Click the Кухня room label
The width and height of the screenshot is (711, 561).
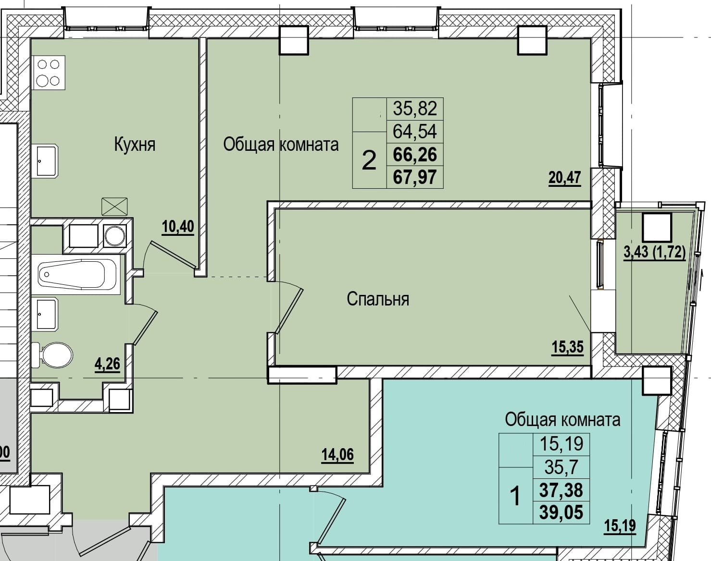click(135, 145)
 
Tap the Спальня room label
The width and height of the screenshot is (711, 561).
click(378, 299)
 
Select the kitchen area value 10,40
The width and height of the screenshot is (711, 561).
click(178, 227)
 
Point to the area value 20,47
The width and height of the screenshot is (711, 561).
click(565, 178)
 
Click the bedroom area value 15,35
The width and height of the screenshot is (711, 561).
click(568, 347)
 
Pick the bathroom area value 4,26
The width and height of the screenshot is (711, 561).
click(107, 364)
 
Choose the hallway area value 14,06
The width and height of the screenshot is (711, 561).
click(337, 455)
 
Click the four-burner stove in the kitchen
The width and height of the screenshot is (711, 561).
click(49, 73)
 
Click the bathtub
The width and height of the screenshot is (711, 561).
click(77, 274)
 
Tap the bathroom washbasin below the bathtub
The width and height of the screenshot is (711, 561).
click(45, 314)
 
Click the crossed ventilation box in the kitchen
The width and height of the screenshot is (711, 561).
click(114, 207)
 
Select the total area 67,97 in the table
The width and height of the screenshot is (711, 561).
click(415, 177)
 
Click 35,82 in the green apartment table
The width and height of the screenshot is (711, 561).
click(415, 109)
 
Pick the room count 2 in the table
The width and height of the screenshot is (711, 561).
click(369, 160)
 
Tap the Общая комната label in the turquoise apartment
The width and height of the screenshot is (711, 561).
click(562, 420)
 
